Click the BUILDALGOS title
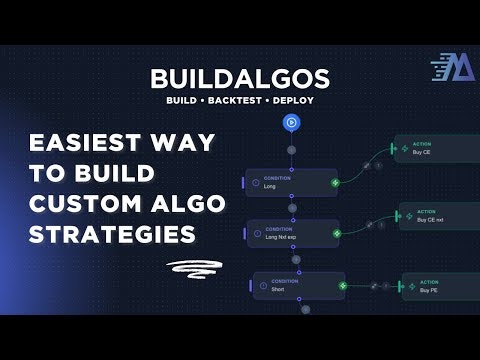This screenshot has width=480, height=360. [x=240, y=78]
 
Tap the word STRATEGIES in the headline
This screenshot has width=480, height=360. [x=110, y=236]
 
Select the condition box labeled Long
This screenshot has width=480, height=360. [x=290, y=182]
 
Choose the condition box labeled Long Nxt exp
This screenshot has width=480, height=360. [x=291, y=235]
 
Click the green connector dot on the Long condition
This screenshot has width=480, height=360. [x=335, y=183]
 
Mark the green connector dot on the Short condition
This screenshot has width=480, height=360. [x=343, y=286]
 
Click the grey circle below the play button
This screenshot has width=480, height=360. [x=291, y=150]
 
